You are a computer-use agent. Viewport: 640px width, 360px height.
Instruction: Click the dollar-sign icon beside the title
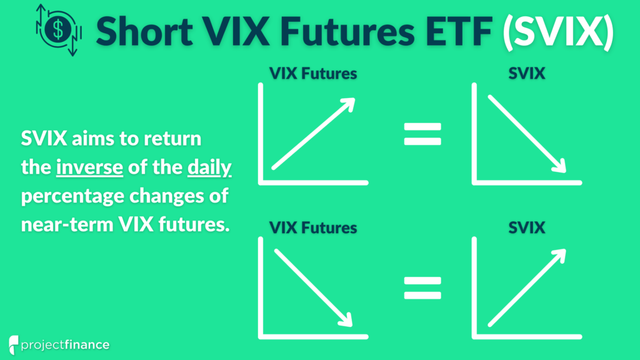coord(59,30)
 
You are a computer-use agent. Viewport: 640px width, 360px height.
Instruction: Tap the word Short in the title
coord(144,31)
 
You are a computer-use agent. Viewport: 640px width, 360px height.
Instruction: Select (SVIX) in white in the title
coord(558,31)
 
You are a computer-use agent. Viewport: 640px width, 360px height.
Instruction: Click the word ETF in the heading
coord(459,31)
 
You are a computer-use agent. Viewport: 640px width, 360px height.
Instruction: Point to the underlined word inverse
coord(89,167)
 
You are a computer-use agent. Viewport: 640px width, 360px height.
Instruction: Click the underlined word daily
coord(209,167)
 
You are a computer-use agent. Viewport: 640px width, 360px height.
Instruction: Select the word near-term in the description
coord(67,224)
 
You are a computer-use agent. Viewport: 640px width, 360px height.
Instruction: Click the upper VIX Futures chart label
coord(313,74)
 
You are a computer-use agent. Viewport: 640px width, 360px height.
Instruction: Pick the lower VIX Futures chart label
coord(313,227)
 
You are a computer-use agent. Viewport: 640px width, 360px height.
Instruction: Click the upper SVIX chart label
coord(526,74)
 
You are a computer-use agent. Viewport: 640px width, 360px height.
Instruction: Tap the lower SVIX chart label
coord(526,227)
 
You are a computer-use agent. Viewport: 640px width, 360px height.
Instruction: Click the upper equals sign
coord(422,134)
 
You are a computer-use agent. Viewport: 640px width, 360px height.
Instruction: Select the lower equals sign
coord(422,287)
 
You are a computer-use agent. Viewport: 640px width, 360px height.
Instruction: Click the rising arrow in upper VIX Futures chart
coord(313,134)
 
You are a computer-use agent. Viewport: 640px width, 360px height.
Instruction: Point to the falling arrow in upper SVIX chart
coord(527,134)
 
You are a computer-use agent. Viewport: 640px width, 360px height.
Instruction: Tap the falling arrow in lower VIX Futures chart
coord(313,287)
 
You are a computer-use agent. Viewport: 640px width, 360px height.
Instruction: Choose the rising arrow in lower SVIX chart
coord(527,287)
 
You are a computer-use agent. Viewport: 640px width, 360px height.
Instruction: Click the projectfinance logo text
coord(65,345)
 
